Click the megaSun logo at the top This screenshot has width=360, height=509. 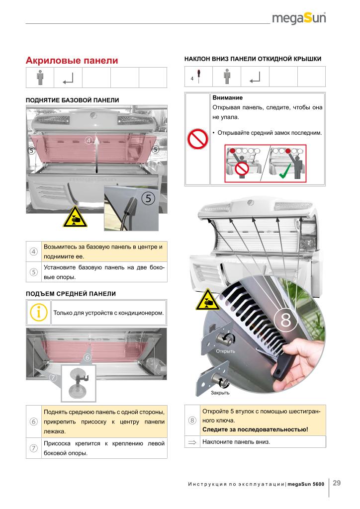click(299, 19)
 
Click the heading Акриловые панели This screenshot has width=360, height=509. click(72, 61)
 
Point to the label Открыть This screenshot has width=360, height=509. click(225, 351)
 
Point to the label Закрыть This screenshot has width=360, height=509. click(220, 393)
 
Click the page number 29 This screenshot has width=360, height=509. click(337, 483)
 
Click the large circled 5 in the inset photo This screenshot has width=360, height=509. click(148, 197)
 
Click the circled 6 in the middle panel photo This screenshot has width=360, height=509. click(88, 357)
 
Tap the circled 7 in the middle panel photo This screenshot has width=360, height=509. click(54, 377)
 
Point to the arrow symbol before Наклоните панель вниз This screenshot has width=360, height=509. click(193, 441)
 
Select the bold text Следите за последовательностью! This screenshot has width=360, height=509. click(255, 429)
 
